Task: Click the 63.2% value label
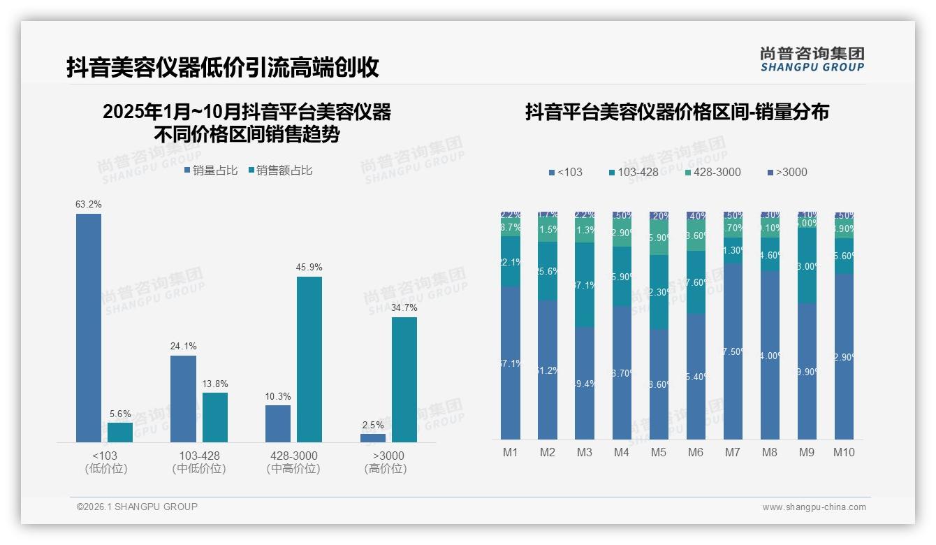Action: click(x=89, y=205)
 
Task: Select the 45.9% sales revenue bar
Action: click(x=309, y=359)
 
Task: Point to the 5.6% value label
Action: click(x=120, y=414)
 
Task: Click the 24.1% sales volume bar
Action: click(x=183, y=398)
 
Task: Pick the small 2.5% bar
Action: click(x=373, y=437)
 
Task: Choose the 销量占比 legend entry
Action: click(x=211, y=170)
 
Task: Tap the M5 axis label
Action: click(x=658, y=453)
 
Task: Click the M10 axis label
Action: click(x=843, y=453)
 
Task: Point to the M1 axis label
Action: click(x=511, y=453)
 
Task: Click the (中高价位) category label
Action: click(x=293, y=469)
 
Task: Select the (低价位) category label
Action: click(x=105, y=469)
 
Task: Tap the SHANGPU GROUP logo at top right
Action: click(x=812, y=59)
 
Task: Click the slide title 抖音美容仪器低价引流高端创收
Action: click(x=223, y=67)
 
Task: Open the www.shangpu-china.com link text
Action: click(x=814, y=507)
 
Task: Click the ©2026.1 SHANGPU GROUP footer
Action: click(x=137, y=507)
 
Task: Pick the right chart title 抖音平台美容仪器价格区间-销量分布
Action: click(x=677, y=112)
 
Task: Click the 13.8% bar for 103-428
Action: click(x=215, y=417)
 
